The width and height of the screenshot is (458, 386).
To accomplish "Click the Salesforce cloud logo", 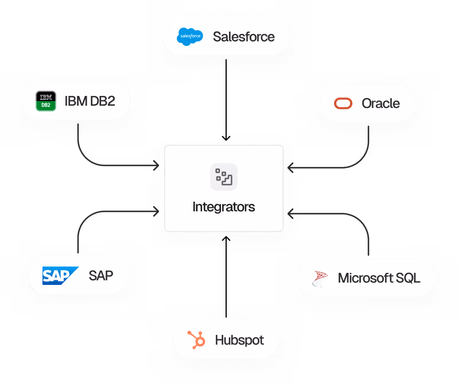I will click(x=190, y=37).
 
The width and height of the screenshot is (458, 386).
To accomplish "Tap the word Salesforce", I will click(x=243, y=37).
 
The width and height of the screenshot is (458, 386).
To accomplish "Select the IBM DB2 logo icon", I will click(x=46, y=101).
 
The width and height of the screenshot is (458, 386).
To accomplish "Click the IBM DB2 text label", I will click(x=90, y=102).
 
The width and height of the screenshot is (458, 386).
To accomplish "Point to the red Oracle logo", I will click(x=344, y=104).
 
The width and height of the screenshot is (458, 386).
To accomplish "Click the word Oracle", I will click(x=381, y=104).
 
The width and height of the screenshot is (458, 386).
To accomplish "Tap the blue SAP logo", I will click(x=60, y=276).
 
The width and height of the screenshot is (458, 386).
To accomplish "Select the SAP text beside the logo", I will click(x=100, y=276).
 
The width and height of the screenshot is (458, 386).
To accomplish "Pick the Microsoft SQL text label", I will click(x=379, y=279).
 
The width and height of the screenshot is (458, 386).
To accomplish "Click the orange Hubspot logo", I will click(x=197, y=340).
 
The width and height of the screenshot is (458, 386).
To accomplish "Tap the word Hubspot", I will click(x=239, y=340).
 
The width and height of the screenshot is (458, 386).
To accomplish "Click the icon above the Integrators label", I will click(x=223, y=177).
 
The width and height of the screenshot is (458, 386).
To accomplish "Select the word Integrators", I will click(x=223, y=207).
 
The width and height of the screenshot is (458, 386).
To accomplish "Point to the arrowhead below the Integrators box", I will click(x=226, y=238).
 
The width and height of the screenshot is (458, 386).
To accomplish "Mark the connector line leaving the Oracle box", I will click(x=367, y=144).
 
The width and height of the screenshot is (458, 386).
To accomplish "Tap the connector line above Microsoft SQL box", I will click(x=367, y=236).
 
